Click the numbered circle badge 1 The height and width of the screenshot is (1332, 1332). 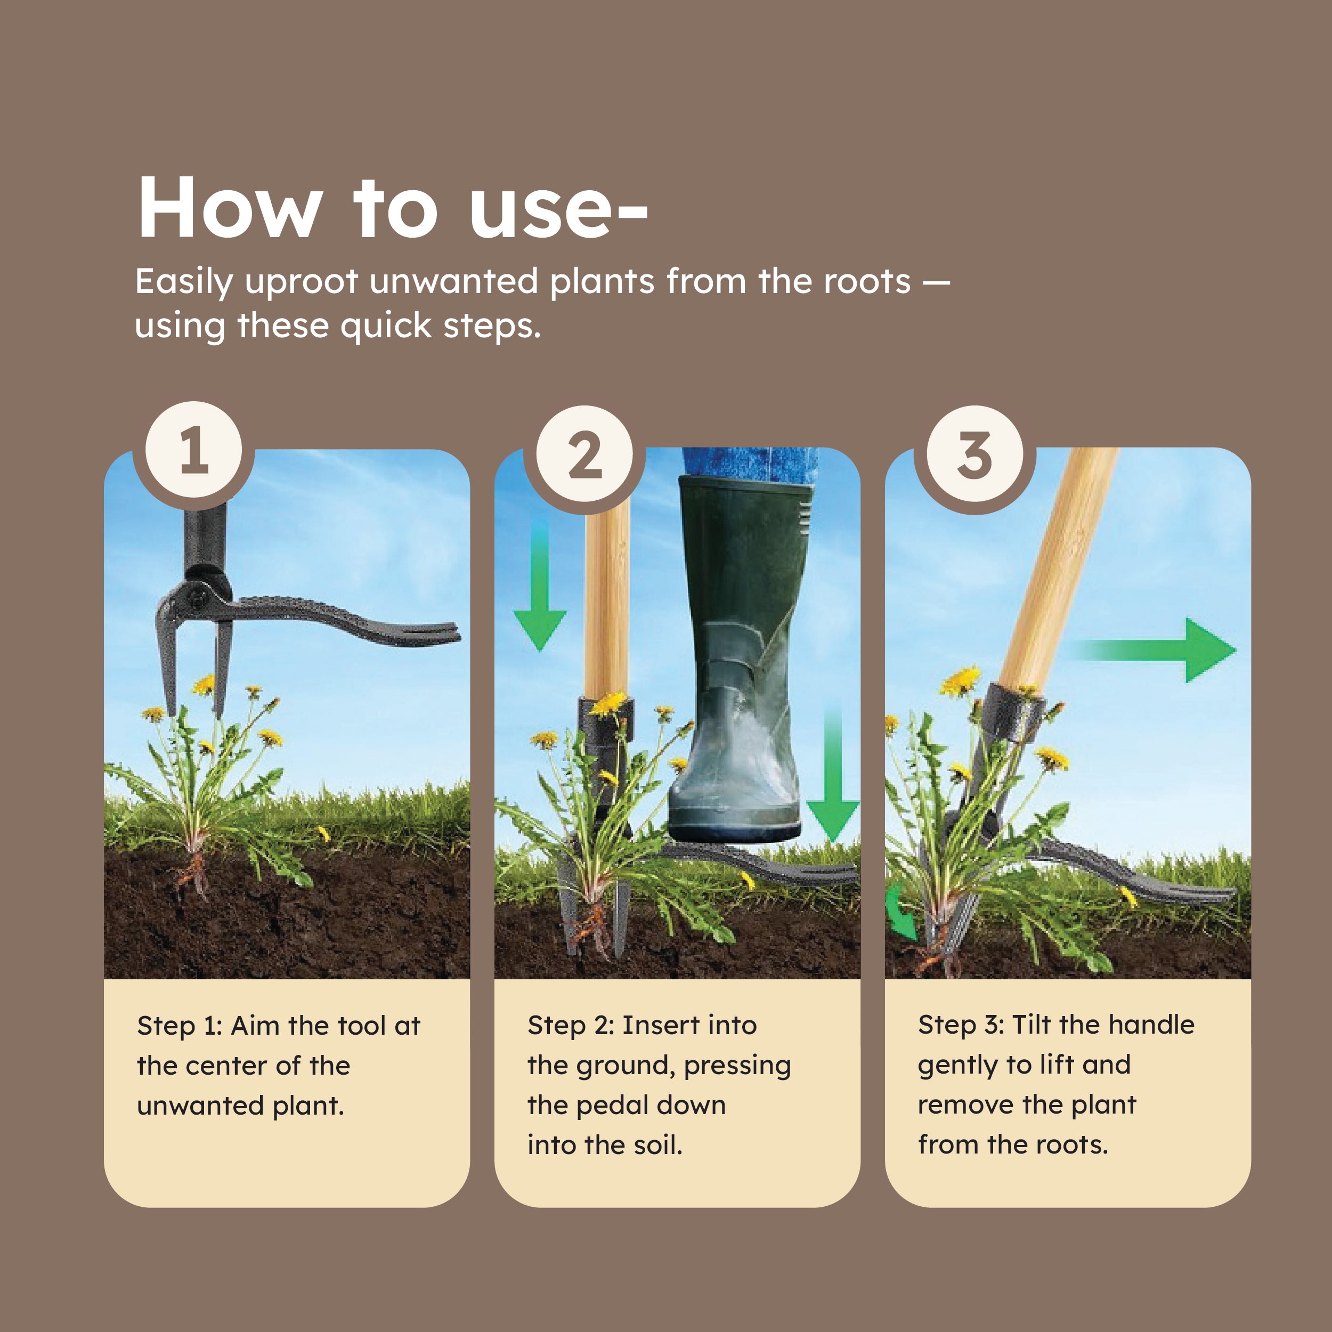tap(194, 450)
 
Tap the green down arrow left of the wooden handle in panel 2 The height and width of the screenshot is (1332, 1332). tap(540, 593)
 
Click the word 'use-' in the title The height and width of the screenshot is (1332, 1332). tap(558, 209)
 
